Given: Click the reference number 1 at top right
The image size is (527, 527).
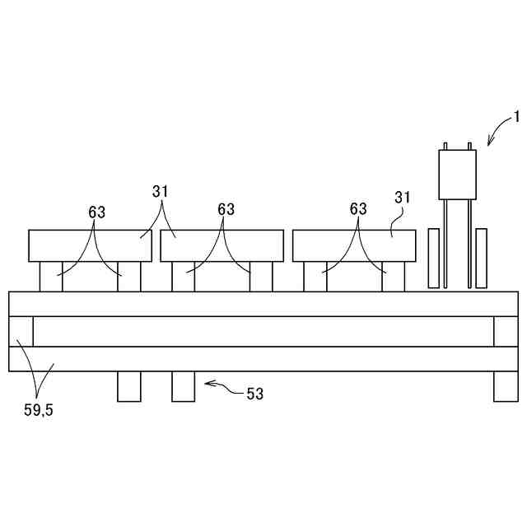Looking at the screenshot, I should (515, 116).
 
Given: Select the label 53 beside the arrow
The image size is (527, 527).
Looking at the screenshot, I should (254, 394).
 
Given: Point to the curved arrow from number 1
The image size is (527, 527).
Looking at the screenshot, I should (497, 129).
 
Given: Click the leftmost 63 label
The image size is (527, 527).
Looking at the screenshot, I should (96, 212).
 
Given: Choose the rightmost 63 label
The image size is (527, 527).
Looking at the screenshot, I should (357, 209).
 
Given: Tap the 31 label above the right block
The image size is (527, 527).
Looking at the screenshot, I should (403, 198).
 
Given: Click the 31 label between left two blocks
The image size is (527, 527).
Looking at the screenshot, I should (160, 192).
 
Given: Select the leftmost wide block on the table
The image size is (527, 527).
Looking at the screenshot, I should (90, 245).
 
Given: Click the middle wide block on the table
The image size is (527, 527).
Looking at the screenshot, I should (222, 245).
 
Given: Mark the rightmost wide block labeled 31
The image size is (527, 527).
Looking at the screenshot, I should (353, 245).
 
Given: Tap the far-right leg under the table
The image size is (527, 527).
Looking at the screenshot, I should (505, 386).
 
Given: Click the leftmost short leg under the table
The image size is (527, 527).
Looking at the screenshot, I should (128, 386).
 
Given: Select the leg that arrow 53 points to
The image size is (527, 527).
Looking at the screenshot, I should (183, 386).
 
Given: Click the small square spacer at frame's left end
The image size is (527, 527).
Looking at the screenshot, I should (21, 331).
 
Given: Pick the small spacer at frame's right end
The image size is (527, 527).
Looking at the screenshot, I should (505, 331).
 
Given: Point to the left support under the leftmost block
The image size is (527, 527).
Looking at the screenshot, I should (51, 276).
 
